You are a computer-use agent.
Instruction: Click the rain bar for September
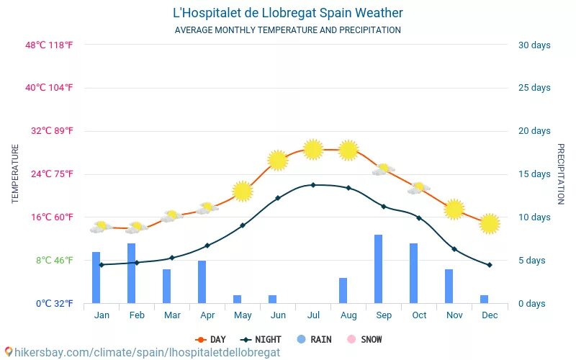[x=378, y=269]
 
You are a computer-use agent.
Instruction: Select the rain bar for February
[x=131, y=273]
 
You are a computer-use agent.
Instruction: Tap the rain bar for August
[x=343, y=290]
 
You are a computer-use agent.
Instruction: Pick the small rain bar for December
[x=484, y=299]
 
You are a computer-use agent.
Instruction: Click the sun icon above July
[x=312, y=149]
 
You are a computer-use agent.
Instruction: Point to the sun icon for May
[x=243, y=192]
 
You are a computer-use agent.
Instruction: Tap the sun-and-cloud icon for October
[x=418, y=189]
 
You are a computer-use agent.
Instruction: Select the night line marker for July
[x=312, y=185]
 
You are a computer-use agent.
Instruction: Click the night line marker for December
[x=490, y=265]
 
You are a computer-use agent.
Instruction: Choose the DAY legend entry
[x=210, y=339]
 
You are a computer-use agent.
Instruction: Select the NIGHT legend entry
[x=261, y=339]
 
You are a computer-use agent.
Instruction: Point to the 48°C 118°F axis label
[x=50, y=45]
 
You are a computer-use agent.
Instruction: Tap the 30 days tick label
[x=534, y=45]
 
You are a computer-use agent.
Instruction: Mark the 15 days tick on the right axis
[x=534, y=174]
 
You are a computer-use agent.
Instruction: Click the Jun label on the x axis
[x=278, y=315]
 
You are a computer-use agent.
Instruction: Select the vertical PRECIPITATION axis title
[x=561, y=174]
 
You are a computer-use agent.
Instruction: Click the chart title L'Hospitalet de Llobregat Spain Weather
[x=288, y=13]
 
